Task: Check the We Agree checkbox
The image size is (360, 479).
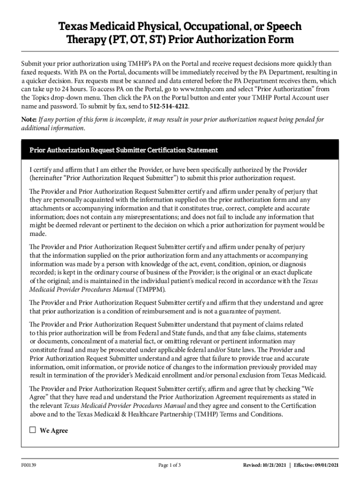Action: point(33,430)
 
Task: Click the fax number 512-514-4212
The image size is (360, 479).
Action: point(169,106)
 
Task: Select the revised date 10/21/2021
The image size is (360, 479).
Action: point(273,465)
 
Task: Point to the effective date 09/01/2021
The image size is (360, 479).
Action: point(325,465)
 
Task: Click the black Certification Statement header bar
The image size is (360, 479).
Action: point(180,150)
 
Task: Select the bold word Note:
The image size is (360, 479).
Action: point(29,119)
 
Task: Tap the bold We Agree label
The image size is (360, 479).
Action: point(54,430)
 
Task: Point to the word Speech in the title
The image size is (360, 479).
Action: point(283,26)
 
